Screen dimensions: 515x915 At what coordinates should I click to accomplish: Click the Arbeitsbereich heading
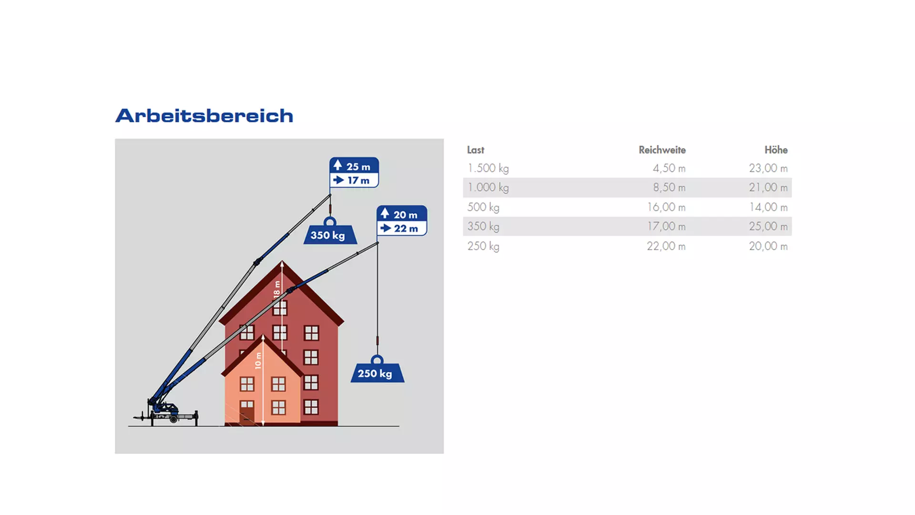click(x=204, y=116)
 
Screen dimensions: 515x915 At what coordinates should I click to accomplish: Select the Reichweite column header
click(x=662, y=150)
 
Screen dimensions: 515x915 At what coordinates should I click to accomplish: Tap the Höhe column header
click(x=776, y=150)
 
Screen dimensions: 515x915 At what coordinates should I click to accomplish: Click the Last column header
click(x=476, y=150)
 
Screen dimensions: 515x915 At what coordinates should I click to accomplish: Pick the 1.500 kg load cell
click(x=488, y=168)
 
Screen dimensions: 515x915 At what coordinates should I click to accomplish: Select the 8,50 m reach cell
click(x=669, y=188)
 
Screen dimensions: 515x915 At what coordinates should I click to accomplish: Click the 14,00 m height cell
click(x=768, y=207)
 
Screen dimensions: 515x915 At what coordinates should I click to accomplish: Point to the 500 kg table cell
click(x=483, y=207)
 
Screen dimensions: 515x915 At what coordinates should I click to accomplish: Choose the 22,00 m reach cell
click(x=666, y=247)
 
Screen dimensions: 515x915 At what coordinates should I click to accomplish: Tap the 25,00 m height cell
click(x=768, y=227)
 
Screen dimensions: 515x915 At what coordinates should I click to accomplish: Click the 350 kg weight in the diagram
click(x=330, y=234)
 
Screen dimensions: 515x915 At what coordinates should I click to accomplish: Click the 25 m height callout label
click(x=354, y=166)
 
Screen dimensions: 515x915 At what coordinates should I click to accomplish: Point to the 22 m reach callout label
click(x=401, y=228)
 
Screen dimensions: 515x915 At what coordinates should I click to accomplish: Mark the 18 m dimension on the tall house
click(x=277, y=289)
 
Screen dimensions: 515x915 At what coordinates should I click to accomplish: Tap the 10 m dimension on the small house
click(x=258, y=360)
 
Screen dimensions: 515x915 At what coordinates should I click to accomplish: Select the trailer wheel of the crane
click(x=174, y=419)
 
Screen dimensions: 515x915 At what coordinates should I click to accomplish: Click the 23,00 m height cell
click(x=768, y=168)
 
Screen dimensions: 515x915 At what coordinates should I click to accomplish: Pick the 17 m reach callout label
click(x=354, y=180)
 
